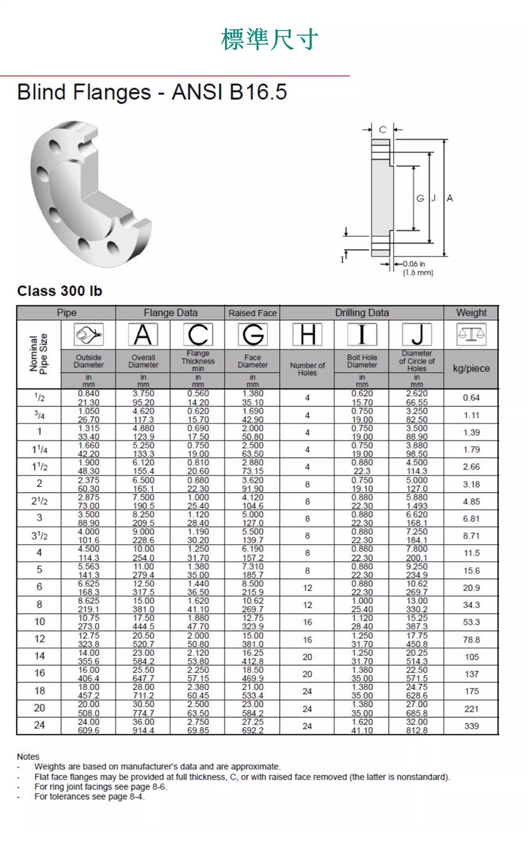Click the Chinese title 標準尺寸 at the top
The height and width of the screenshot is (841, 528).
[x=269, y=40]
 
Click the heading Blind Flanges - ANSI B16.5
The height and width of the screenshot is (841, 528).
[x=152, y=92]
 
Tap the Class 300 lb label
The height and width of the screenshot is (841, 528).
[x=59, y=291]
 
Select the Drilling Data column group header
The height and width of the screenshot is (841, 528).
[x=362, y=313]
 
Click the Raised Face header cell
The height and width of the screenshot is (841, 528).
[x=252, y=313]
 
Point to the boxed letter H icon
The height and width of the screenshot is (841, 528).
[x=307, y=335]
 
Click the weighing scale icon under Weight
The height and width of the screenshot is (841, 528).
[x=471, y=334]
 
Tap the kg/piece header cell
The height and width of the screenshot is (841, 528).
[x=471, y=368]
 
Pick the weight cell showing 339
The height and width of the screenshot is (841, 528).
[x=471, y=726]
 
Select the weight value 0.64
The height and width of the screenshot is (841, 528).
[x=471, y=398]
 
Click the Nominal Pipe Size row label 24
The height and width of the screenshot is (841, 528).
[x=39, y=726]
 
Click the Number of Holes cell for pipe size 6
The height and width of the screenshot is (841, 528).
[x=307, y=588]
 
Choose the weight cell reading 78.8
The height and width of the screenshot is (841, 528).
[x=471, y=640]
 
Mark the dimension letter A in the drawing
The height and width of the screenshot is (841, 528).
[x=450, y=198]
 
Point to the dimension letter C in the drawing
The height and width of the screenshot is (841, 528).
[x=382, y=129]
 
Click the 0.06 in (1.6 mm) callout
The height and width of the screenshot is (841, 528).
[x=418, y=268]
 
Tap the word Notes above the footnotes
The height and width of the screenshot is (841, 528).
[x=28, y=757]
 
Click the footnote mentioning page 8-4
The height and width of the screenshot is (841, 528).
[x=89, y=796]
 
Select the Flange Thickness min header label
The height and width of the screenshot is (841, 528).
[x=198, y=361]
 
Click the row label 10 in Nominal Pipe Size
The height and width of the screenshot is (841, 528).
[x=39, y=622]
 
